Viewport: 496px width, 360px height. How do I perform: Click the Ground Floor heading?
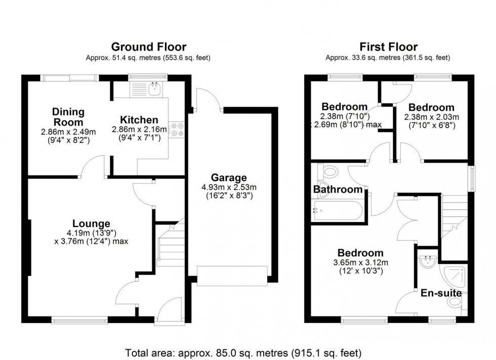pyautogui.click(x=148, y=47)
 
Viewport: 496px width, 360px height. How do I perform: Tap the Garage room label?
pyautogui.click(x=229, y=177)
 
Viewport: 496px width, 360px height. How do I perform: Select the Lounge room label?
pyautogui.click(x=91, y=223)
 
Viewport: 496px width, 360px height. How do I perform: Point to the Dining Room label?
pyautogui.click(x=68, y=117)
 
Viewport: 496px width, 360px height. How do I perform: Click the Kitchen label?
pyautogui.click(x=139, y=120)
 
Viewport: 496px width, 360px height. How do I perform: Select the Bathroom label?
pyautogui.click(x=338, y=190)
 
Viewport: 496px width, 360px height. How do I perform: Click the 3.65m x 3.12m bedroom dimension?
pyautogui.click(x=360, y=266)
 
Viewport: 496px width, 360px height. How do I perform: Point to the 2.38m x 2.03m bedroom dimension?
pyautogui.click(x=431, y=121)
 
